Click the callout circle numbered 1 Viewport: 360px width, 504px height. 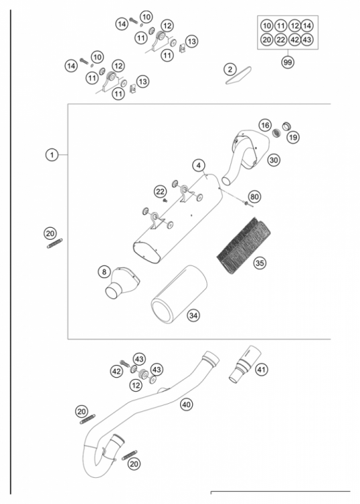[x=50, y=155]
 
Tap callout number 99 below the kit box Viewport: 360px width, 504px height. [x=288, y=61]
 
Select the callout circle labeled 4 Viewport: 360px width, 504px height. [x=199, y=165]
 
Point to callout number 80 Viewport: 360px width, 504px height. [x=255, y=197]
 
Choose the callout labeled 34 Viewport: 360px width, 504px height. [x=193, y=314]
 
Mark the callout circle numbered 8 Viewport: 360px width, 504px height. [x=104, y=271]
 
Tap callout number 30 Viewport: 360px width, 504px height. [x=273, y=160]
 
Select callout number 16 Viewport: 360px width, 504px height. [x=265, y=126]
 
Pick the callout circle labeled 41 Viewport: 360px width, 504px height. [x=262, y=369]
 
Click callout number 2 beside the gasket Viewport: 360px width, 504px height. [x=230, y=69]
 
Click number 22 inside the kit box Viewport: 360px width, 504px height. [x=281, y=40]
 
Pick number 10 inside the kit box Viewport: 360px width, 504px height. [x=267, y=26]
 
